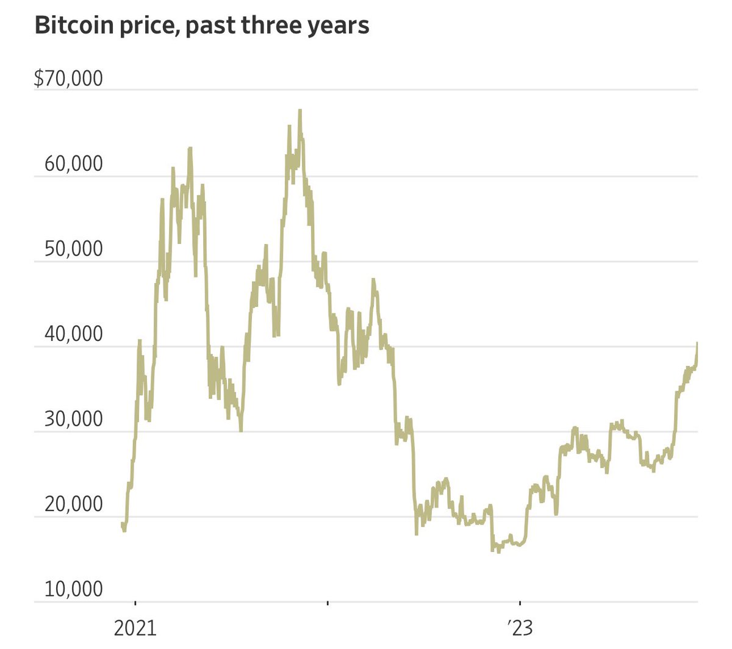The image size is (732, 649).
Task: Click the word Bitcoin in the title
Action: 71,26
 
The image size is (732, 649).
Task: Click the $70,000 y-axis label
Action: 68,79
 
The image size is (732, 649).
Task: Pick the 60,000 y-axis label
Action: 73,164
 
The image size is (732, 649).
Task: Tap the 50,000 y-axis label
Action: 73,249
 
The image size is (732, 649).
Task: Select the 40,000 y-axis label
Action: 73,334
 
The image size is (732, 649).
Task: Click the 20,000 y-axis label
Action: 73,504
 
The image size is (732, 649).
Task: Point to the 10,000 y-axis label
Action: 73,589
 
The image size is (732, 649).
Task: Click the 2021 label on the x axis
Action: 135,628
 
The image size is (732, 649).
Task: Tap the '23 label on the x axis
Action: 519,628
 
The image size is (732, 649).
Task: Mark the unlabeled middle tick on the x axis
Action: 328,604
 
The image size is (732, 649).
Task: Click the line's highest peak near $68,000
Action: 300,110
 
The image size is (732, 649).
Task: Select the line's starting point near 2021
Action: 122,523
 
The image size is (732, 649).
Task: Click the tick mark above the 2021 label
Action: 135,604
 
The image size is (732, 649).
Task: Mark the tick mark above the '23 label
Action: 520,604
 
